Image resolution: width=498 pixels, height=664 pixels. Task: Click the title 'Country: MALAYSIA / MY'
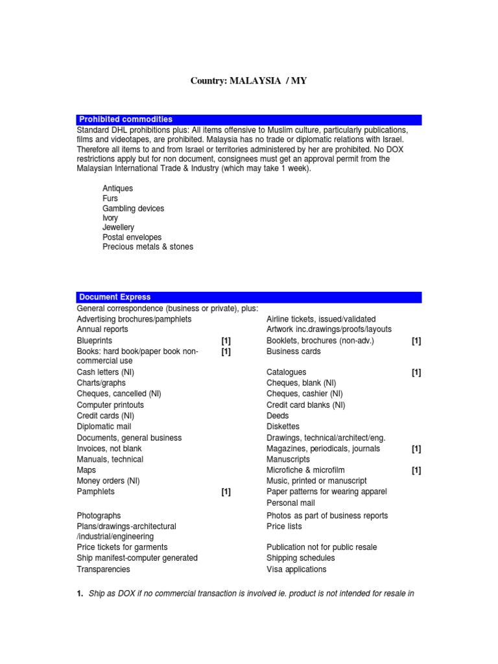coord(248,80)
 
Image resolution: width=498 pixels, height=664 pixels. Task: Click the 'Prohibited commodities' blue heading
coord(126,119)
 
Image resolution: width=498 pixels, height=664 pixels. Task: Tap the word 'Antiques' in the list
coord(117,189)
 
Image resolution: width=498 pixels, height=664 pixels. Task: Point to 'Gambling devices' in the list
coord(133,208)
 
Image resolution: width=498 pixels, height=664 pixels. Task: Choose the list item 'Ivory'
coord(110,218)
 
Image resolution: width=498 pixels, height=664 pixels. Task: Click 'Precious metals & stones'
coord(147,247)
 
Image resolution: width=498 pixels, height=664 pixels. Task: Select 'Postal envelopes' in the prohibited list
coord(132,237)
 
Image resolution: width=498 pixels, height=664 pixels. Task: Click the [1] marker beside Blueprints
coord(226,340)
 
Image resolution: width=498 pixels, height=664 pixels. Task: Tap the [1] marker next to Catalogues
coord(416,373)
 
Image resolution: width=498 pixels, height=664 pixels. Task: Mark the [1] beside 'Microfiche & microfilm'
coord(416,470)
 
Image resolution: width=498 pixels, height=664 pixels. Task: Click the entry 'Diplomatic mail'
coord(104,427)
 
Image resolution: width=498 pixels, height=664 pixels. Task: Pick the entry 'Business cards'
coord(293,351)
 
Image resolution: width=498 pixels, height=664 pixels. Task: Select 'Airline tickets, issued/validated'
coord(321,319)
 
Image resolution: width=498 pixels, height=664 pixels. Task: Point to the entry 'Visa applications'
coord(296,569)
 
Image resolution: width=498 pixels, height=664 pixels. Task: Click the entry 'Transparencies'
coord(103,569)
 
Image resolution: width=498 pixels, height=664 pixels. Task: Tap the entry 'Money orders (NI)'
coord(108,481)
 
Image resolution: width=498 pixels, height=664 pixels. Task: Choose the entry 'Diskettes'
coord(283,427)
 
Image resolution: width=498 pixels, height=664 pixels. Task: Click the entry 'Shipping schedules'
coord(300,558)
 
